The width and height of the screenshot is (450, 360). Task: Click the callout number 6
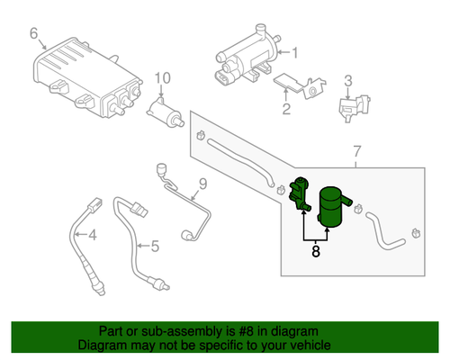[x=34, y=33]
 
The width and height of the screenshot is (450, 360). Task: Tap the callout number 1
[x=295, y=53]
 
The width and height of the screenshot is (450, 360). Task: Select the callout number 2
[x=286, y=109]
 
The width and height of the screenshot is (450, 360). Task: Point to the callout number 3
[x=348, y=81]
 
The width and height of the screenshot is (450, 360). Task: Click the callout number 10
[x=163, y=78]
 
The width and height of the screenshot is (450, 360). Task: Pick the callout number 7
[x=356, y=151]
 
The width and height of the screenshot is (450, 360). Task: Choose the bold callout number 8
[x=316, y=251]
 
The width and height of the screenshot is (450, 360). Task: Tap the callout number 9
[x=203, y=184]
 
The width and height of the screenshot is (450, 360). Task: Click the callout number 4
[x=93, y=235]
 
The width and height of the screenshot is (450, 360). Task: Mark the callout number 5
[x=155, y=247]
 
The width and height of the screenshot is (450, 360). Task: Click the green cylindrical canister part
[x=333, y=206]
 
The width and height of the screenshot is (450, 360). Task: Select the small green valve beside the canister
[x=299, y=193]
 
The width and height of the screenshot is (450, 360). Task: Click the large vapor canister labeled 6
[x=87, y=76]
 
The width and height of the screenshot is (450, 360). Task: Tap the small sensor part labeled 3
[x=354, y=108]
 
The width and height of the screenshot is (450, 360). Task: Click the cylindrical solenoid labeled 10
[x=165, y=113]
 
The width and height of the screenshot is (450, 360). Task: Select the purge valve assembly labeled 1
[x=247, y=57]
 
